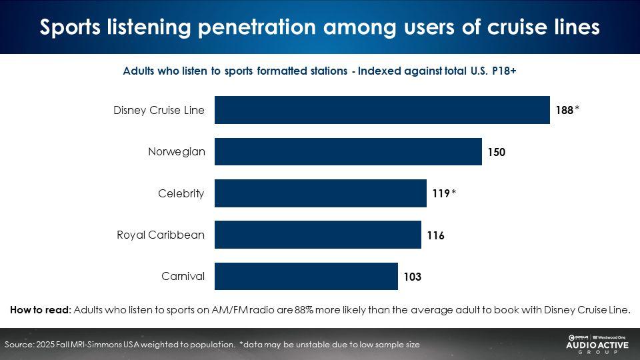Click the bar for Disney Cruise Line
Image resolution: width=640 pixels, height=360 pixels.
pyautogui.click(x=382, y=110)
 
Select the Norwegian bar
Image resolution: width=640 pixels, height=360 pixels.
pyautogui.click(x=348, y=152)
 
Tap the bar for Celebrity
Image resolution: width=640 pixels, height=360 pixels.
pyautogui.click(x=320, y=193)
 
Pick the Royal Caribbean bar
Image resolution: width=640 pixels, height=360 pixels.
pyautogui.click(x=317, y=235)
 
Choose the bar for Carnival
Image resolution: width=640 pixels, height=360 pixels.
pyautogui.click(x=306, y=276)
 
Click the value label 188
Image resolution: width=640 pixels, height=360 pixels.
pyautogui.click(x=565, y=111)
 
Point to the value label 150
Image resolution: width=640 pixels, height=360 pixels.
pyautogui.click(x=497, y=152)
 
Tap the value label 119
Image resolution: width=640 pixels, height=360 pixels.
pyautogui.click(x=441, y=194)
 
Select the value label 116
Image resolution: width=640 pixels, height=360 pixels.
pyautogui.click(x=435, y=235)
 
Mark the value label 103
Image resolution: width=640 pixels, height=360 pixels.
pyautogui.click(x=412, y=277)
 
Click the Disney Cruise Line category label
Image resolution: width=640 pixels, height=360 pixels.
pyautogui.click(x=159, y=111)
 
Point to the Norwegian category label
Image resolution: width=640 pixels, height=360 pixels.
pyautogui.click(x=177, y=152)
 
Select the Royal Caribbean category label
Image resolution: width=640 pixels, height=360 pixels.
pyautogui.click(x=161, y=235)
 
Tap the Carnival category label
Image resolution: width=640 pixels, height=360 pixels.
pyautogui.click(x=183, y=276)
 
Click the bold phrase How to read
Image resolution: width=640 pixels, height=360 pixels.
pyautogui.click(x=39, y=309)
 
